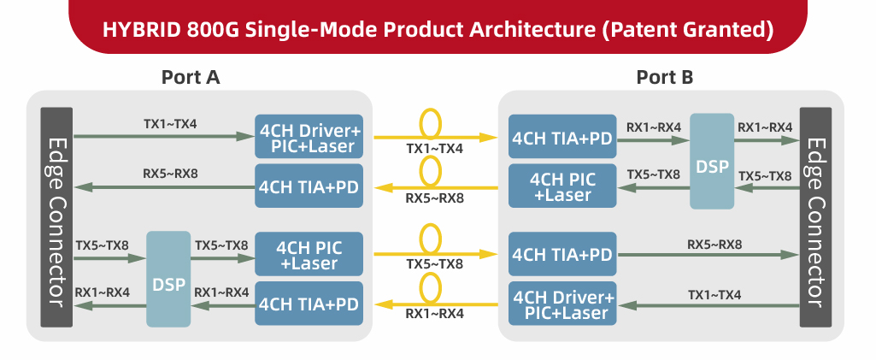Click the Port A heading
pyautogui.click(x=191, y=77)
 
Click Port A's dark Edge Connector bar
pyautogui.click(x=56, y=217)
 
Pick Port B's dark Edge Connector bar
pyautogui.click(x=815, y=217)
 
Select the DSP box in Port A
pyautogui.click(x=168, y=279)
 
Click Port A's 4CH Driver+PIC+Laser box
pyautogui.click(x=309, y=137)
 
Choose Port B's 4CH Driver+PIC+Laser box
pyautogui.click(x=561, y=304)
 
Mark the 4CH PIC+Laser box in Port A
pyautogui.click(x=309, y=255)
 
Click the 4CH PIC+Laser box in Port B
pyautogui.click(x=561, y=186)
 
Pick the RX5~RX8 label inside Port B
pyautogui.click(x=714, y=245)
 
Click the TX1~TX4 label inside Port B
pyautogui.click(x=714, y=295)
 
